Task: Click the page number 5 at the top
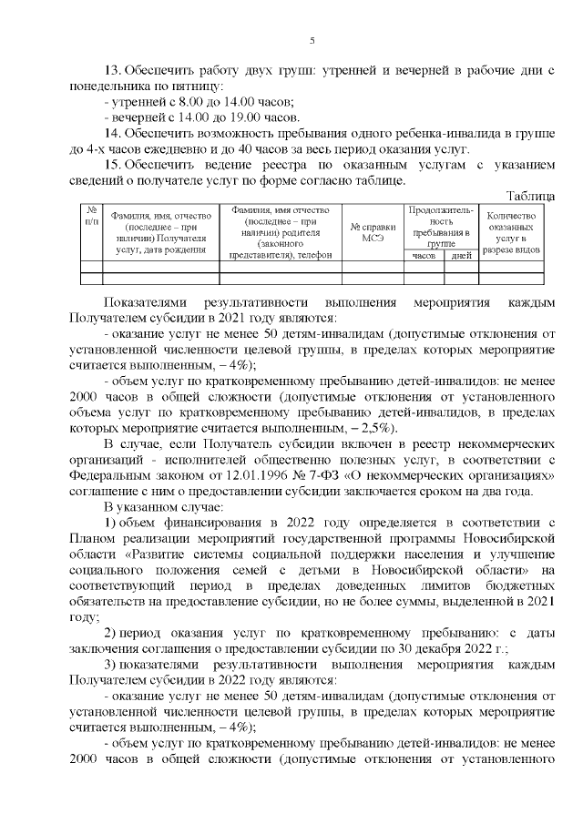pos(312,41)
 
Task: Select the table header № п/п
pos(91,215)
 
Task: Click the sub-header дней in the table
pos(460,256)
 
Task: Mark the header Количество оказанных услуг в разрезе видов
pos(513,230)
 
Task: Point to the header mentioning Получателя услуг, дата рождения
pos(160,231)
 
